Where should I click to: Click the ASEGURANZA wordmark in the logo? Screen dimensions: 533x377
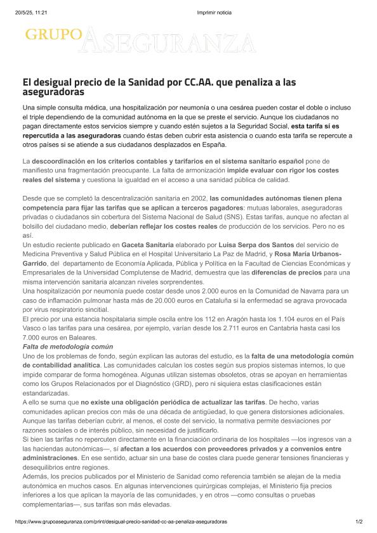point(169,42)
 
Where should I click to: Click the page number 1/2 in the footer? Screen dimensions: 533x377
point(359,521)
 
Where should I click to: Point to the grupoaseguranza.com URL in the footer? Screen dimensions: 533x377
point(121,521)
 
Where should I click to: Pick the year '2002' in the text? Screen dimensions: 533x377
point(197,197)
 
